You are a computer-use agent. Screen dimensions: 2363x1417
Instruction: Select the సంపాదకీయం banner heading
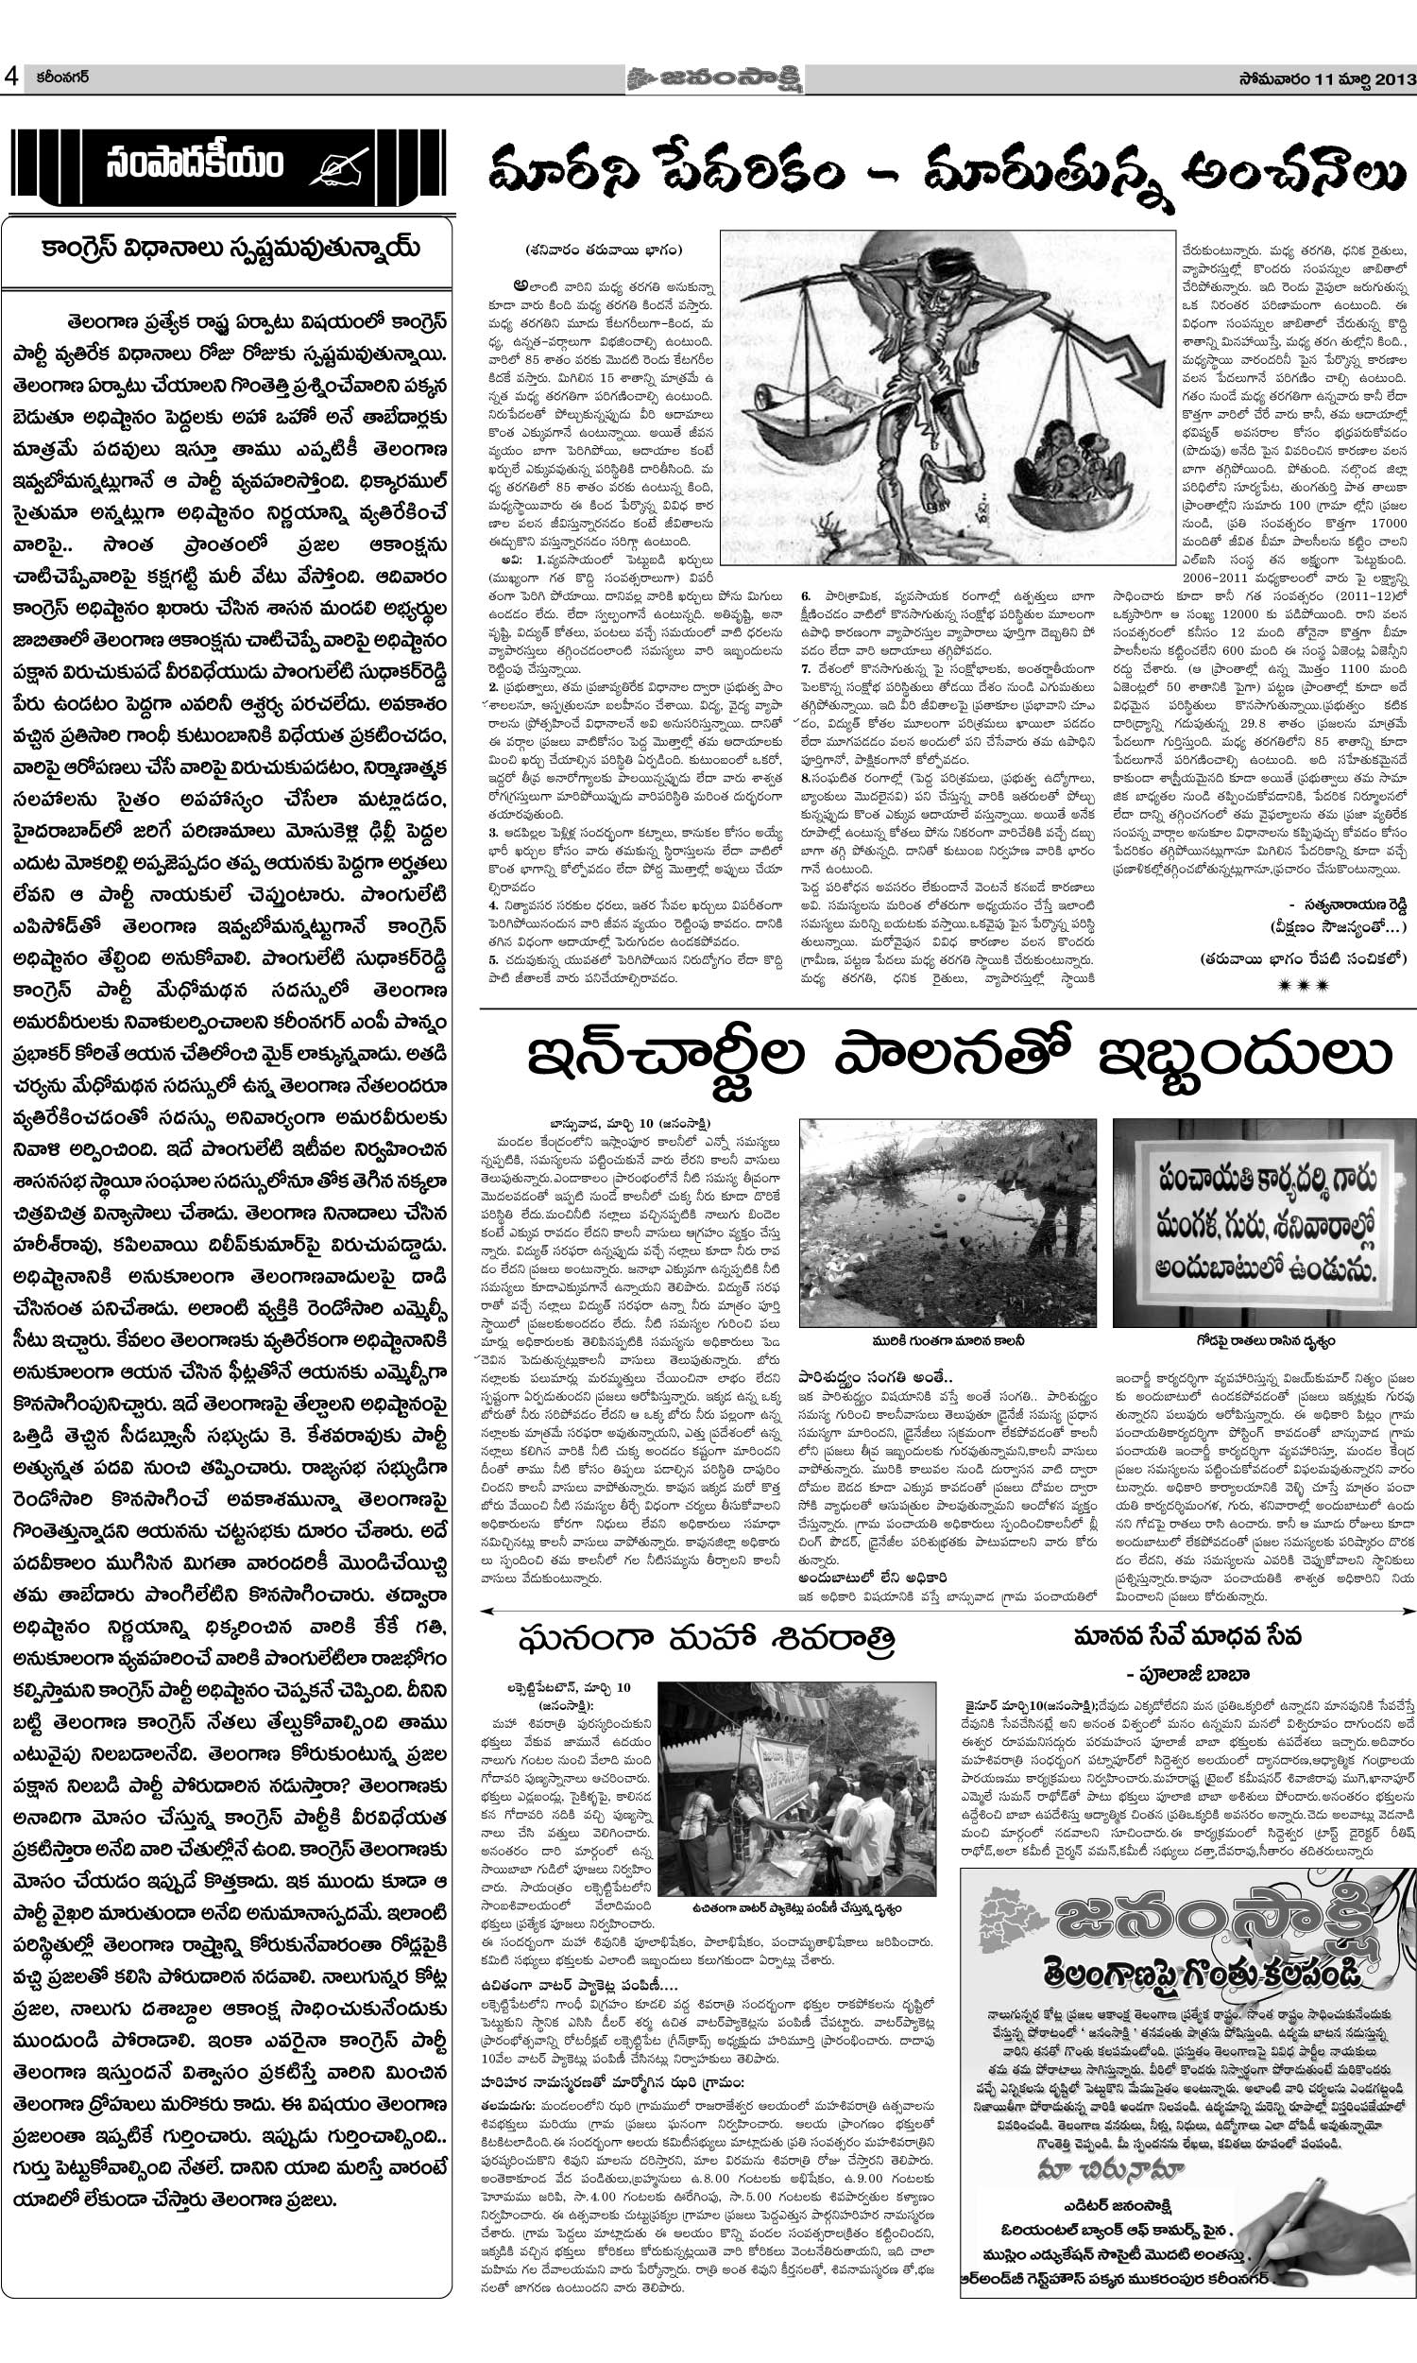[x=196, y=165]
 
